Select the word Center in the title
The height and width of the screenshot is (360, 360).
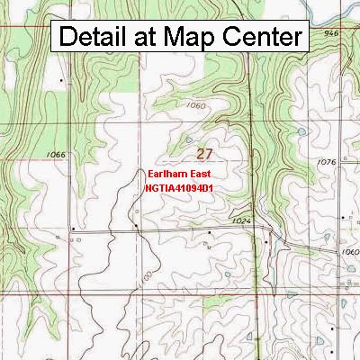coord(260,38)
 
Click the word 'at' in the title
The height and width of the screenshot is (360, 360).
coord(148,38)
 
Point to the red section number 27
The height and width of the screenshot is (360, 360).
coord(204,154)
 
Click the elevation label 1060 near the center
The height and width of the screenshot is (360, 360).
coord(197,105)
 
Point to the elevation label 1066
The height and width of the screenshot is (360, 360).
coord(56,155)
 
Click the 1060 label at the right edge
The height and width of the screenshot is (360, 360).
coord(350,253)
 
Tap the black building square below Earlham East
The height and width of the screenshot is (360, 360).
coord(135,227)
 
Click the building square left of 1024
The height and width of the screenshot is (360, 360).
coord(209,231)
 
